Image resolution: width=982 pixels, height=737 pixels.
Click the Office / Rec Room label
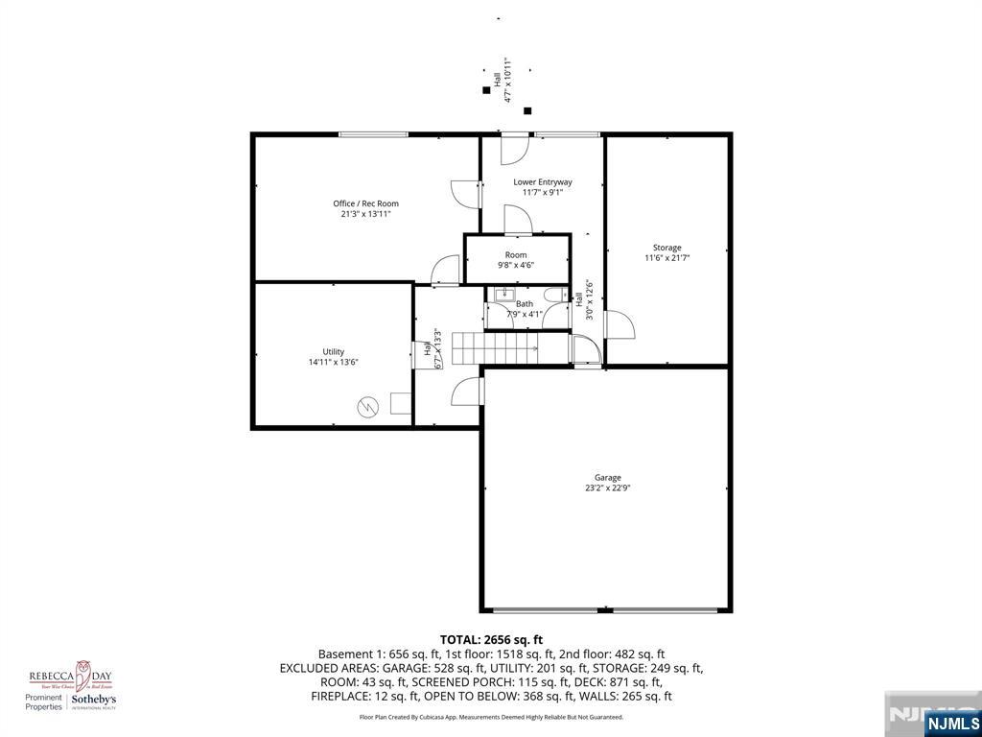[x=365, y=203]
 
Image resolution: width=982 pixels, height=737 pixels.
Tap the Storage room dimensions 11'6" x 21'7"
[x=666, y=257]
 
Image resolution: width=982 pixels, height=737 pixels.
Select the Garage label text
[x=607, y=477]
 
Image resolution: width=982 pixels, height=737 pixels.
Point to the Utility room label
[x=333, y=351]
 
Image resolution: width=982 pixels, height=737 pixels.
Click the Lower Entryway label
[x=542, y=181]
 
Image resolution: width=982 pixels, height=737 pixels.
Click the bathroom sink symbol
[x=507, y=295]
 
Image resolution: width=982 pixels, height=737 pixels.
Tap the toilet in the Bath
[x=553, y=296]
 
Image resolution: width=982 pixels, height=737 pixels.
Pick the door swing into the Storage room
[x=619, y=325]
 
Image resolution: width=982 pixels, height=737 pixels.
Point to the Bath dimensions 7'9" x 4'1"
[x=525, y=314]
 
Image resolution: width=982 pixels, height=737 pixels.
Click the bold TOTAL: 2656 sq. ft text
[x=491, y=639]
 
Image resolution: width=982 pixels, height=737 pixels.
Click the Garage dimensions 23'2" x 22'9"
[x=607, y=487]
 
